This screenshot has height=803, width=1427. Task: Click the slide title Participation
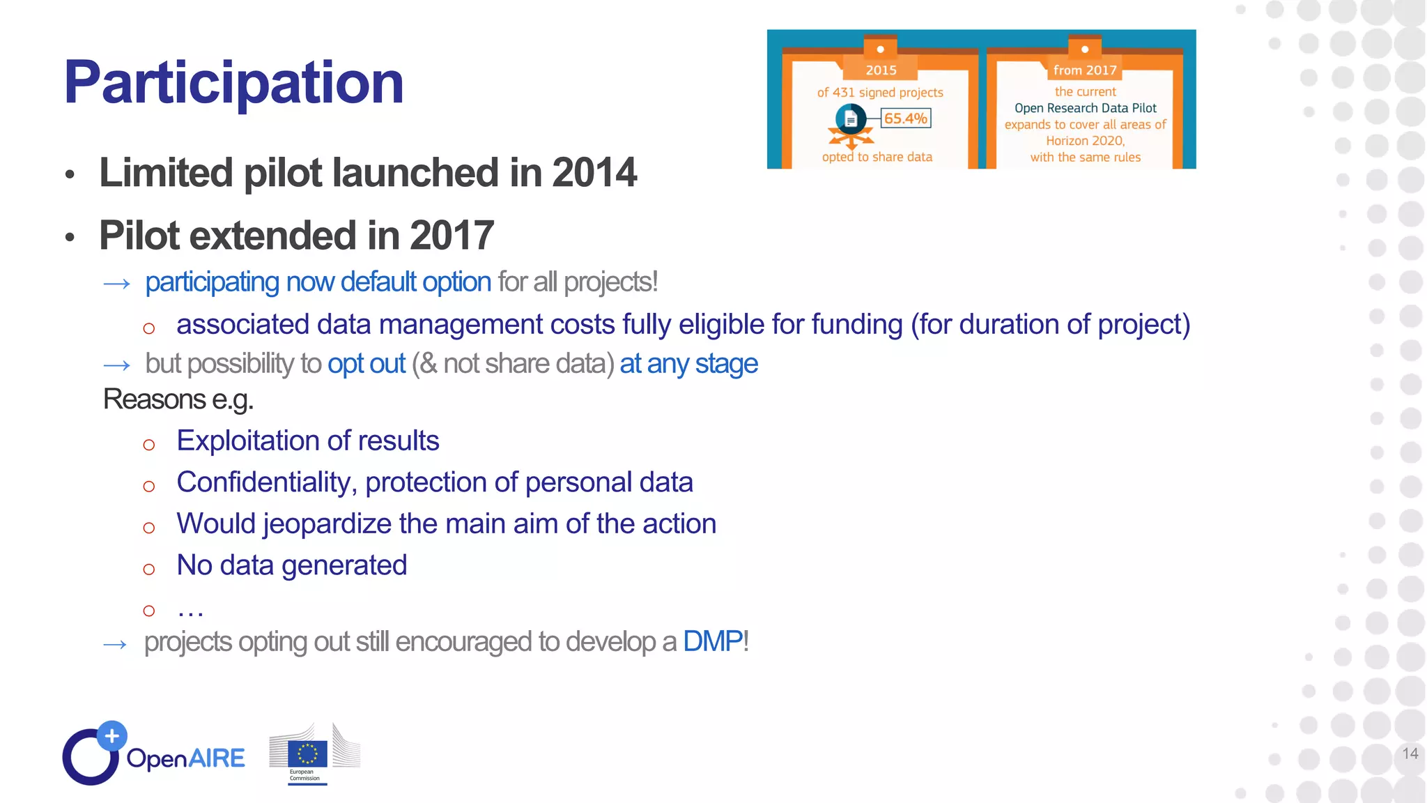coord(233,83)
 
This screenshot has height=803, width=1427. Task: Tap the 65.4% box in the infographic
coord(905,118)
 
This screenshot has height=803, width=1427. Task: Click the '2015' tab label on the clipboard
coord(881,70)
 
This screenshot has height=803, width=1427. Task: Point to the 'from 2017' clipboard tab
coord(1084,70)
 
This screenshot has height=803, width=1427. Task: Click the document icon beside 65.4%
coord(850,119)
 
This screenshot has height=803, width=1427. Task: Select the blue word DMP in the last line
coord(712,641)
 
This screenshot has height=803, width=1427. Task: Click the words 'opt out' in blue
coord(366,364)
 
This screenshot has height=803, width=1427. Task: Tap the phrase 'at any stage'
coord(688,364)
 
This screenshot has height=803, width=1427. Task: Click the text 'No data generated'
coord(291,565)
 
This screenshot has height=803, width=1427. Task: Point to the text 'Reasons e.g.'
coord(178,399)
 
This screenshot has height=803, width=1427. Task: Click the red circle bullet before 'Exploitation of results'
coord(148,445)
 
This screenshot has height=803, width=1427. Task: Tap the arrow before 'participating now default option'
coord(116,284)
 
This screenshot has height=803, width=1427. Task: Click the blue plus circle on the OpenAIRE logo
coord(111,736)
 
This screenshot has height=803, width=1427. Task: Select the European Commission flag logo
coord(307,754)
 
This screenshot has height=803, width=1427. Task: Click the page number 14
coord(1410,754)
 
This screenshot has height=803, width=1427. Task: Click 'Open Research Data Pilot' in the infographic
coord(1085,108)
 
